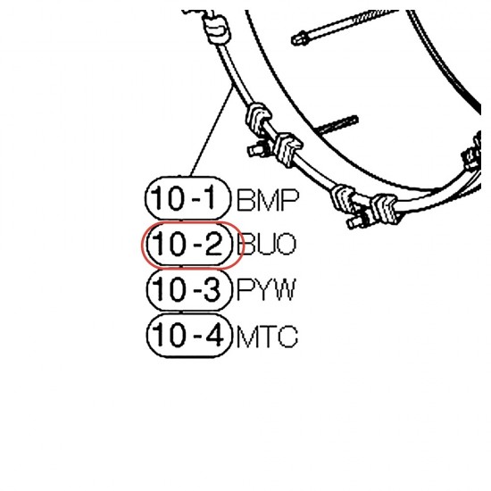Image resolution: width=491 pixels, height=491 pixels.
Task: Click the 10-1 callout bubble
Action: [x=187, y=198]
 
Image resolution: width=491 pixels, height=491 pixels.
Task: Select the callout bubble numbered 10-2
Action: [x=189, y=245]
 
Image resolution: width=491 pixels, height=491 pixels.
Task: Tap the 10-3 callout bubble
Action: [x=189, y=290]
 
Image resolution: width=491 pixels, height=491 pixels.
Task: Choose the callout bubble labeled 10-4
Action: [x=190, y=336]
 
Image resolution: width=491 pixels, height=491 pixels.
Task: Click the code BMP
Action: [x=268, y=200]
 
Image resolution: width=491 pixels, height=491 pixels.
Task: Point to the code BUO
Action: [x=267, y=245]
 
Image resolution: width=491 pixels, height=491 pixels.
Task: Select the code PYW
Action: [x=267, y=290]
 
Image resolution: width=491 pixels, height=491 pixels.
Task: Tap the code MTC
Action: [x=267, y=337]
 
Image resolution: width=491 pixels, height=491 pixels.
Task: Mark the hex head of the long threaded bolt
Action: [x=300, y=38]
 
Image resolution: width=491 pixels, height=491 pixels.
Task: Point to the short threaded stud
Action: [x=337, y=126]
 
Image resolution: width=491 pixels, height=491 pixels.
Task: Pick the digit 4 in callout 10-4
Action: [x=214, y=335]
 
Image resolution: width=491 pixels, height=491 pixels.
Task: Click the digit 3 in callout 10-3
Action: [x=213, y=289]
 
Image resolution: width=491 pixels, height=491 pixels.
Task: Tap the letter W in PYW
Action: [x=284, y=290]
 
